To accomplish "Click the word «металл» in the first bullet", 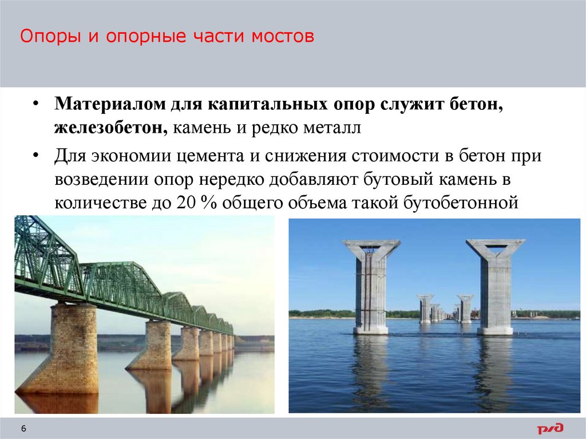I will pos(333,129).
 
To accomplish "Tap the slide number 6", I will pos(23,429).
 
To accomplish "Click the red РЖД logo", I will pos(549,428).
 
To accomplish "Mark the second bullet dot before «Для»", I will pos(35,156).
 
